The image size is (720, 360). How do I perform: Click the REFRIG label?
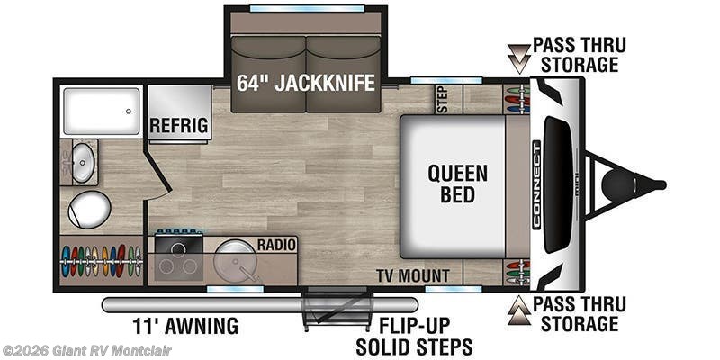click(x=178, y=125)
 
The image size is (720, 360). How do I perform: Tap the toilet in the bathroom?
click(x=89, y=210)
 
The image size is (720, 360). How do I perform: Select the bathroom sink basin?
click(x=83, y=163)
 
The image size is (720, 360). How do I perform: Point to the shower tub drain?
click(x=129, y=111)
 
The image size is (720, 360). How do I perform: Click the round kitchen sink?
click(x=234, y=260)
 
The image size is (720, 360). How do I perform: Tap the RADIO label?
click(x=276, y=245)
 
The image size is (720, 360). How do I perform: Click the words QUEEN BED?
click(x=457, y=184)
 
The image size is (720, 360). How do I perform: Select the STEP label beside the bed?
click(x=443, y=99)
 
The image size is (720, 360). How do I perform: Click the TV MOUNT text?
click(x=413, y=276)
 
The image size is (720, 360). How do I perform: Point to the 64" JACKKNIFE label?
click(x=306, y=83)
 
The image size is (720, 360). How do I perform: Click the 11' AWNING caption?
click(x=185, y=326)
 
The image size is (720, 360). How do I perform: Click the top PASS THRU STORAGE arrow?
click(x=519, y=58)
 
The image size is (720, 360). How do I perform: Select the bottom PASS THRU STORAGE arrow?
click(x=519, y=310)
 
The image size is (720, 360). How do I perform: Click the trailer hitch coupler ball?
click(x=618, y=184)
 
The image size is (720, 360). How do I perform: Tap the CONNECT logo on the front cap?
click(x=535, y=184)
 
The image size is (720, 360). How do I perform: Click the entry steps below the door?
click(x=337, y=307)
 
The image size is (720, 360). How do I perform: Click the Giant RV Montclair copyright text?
click(x=86, y=351)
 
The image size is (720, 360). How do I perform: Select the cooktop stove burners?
click(x=178, y=258)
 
